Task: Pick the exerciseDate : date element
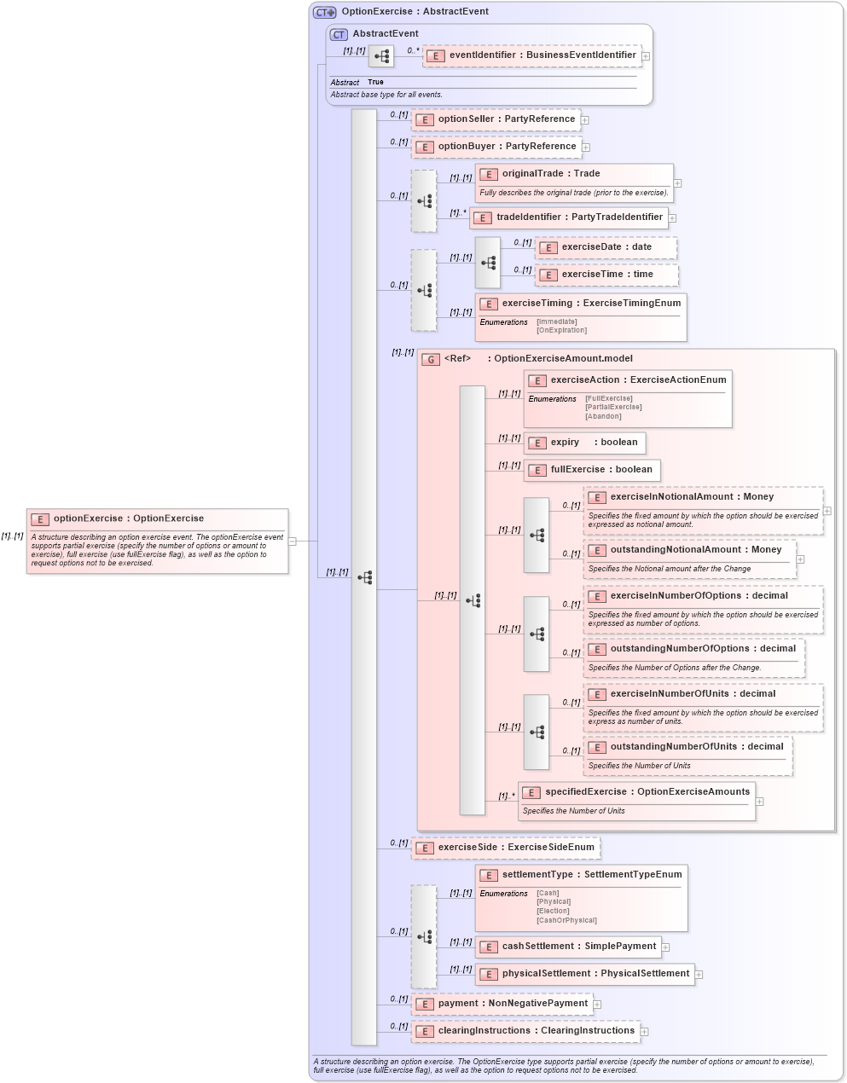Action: click(606, 247)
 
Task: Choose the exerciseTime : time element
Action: click(606, 275)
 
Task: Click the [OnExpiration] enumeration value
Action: click(561, 330)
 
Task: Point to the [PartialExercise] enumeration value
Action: click(613, 407)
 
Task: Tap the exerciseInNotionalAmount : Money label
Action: click(692, 497)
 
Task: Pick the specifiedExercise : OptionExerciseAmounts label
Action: click(647, 792)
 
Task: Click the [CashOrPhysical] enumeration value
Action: click(566, 920)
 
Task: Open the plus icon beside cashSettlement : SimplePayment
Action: click(665, 947)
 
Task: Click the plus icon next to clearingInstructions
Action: click(645, 1032)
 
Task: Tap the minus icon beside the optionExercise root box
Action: click(293, 541)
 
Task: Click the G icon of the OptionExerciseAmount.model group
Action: click(432, 359)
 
